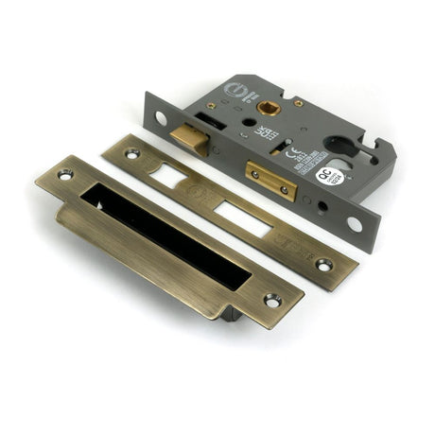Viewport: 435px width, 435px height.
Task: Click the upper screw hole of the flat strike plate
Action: point(132,151)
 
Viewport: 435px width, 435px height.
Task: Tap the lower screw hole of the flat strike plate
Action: point(324,265)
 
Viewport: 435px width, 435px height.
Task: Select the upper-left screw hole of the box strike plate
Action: point(65,175)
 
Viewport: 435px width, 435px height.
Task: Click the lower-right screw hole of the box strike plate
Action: point(272,301)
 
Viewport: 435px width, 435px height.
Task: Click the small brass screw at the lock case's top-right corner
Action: point(298,102)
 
